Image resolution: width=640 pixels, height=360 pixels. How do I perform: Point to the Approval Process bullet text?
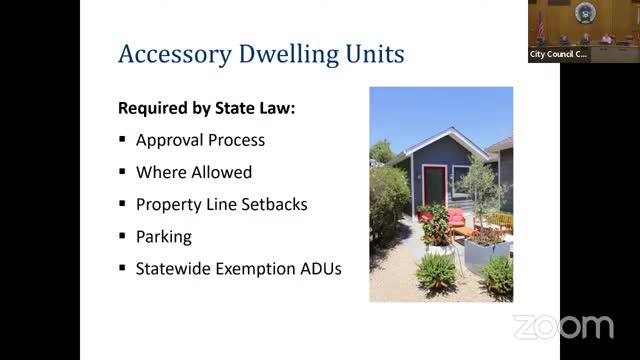coord(200,140)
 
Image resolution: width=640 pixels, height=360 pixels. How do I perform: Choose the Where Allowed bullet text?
coord(194,172)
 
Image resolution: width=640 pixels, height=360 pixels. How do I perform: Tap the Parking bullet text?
coord(163,237)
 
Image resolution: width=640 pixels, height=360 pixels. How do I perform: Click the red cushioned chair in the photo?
coord(456,217)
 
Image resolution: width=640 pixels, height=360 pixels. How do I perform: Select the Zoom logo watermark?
coord(563,326)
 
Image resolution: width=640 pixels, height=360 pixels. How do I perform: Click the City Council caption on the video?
coord(558,54)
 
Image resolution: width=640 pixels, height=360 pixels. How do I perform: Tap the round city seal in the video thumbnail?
coord(584,13)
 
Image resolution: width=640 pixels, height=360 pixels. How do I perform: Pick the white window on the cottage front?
coord(464,179)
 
